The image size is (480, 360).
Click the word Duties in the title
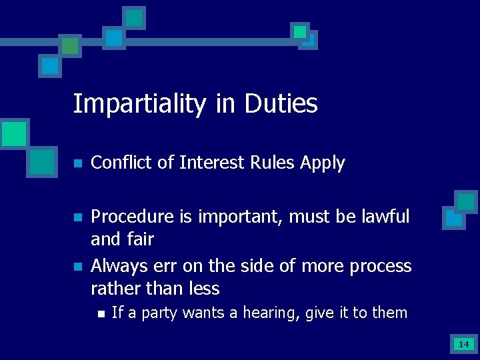pos(281,104)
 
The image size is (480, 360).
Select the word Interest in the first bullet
pos(211,163)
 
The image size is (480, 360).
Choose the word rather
pos(114,289)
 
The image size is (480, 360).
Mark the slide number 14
pos(463,344)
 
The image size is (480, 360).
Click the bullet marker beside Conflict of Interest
pos(77,163)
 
